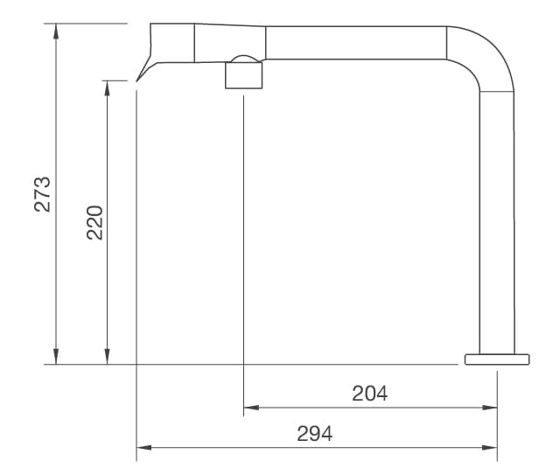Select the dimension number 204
pyautogui.click(x=369, y=393)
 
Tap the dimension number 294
pyautogui.click(x=315, y=433)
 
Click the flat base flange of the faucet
pyautogui.click(x=497, y=358)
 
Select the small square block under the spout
pyautogui.click(x=244, y=77)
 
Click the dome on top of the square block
pyautogui.click(x=244, y=60)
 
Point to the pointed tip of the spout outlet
pyautogui.click(x=138, y=81)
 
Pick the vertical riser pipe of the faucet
pyautogui.click(x=497, y=219)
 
